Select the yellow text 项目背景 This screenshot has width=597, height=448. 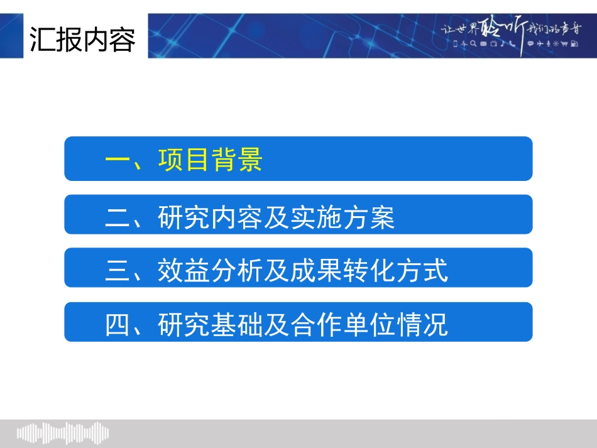[210, 160]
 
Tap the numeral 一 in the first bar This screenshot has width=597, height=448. [117, 160]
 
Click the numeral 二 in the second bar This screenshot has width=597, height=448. [117, 218]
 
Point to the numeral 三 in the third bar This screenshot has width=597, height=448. [117, 272]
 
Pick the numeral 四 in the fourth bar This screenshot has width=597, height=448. [117, 325]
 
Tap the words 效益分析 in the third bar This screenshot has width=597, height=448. [210, 271]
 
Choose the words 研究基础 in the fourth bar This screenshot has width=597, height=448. [210, 325]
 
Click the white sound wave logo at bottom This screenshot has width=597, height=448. [63, 433]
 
